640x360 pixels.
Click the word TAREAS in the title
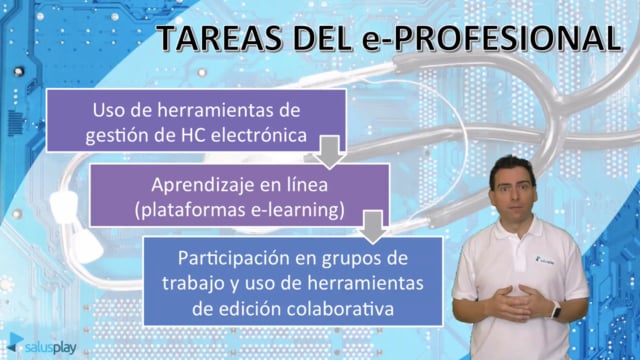pos(221,38)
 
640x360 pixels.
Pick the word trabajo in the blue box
pos(193,284)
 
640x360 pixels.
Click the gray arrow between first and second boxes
pos(330,152)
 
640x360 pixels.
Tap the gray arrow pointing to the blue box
pos(373,227)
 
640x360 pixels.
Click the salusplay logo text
pos(51,348)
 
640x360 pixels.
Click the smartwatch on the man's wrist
pos(556,310)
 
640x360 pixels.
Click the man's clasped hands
pos(513,302)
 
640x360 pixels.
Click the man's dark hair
pos(512,167)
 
